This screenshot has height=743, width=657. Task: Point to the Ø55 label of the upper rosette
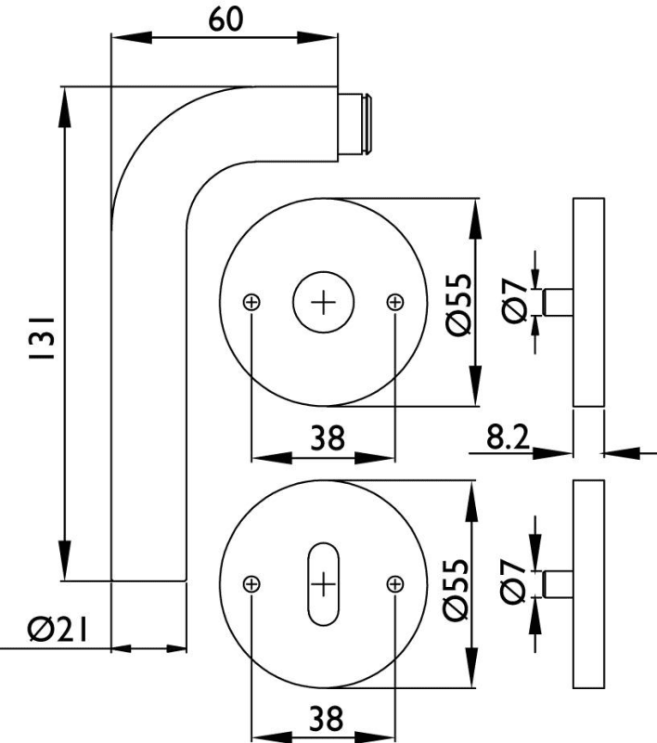pos(456,303)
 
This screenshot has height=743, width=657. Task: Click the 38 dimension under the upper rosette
pos(324,438)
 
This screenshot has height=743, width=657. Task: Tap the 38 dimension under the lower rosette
pos(324,718)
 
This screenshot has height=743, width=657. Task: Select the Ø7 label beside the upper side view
pos(517,303)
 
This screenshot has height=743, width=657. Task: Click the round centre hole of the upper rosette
pos(323,303)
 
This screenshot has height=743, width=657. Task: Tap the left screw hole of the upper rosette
pos(252,302)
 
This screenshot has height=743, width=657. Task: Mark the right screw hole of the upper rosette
pos(394,302)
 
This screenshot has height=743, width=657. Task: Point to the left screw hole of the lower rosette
pos(252,583)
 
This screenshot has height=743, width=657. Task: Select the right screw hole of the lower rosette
pos(394,583)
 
